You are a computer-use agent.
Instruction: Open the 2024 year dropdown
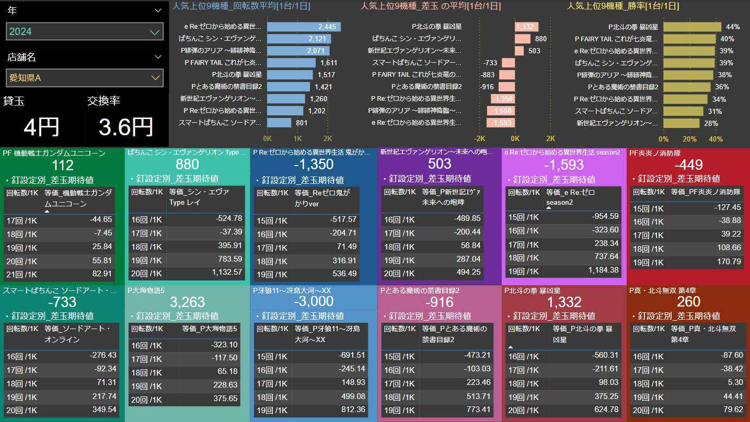tap(85, 31)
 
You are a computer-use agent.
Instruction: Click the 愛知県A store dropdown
tap(85, 78)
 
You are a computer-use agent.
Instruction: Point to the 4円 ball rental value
tap(42, 127)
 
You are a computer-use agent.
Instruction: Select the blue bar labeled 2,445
tap(304, 27)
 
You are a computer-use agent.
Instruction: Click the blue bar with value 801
tap(279, 123)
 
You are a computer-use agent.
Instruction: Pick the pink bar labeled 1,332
tap(526, 27)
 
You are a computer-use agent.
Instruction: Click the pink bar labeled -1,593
tap(501, 123)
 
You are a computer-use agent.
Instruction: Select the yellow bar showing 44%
tap(692, 27)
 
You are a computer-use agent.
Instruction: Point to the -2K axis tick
tap(480, 139)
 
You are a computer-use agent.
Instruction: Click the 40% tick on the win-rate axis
tap(716, 139)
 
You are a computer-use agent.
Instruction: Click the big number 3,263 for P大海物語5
tap(187, 301)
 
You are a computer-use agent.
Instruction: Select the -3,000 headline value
tap(314, 301)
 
